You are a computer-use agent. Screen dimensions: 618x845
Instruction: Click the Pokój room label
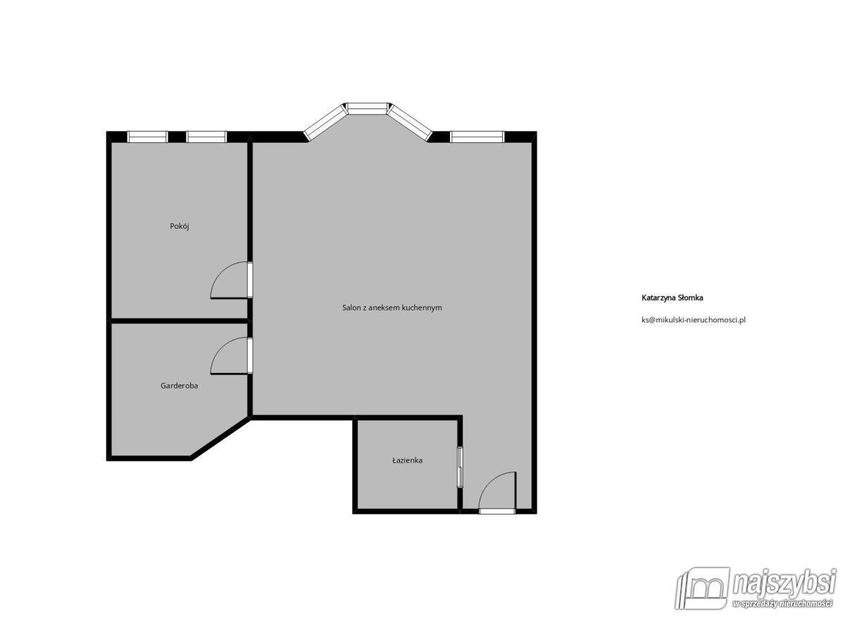point(180,226)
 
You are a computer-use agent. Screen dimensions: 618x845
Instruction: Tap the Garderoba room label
point(179,386)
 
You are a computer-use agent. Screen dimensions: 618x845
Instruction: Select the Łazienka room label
point(407,460)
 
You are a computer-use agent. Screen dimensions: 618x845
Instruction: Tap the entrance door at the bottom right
point(497,493)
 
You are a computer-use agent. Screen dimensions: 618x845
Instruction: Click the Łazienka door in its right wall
point(460,467)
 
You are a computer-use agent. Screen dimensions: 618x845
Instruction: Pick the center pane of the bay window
point(368,108)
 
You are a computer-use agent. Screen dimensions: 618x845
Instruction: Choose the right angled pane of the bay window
point(410,121)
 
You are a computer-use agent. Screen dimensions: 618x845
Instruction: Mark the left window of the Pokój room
point(147,137)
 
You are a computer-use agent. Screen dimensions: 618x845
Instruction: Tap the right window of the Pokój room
point(206,137)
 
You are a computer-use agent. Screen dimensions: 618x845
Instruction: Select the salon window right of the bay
point(477,137)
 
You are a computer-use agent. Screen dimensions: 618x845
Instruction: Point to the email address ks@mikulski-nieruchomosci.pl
point(693,319)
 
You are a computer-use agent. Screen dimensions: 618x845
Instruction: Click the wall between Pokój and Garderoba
point(180,321)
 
